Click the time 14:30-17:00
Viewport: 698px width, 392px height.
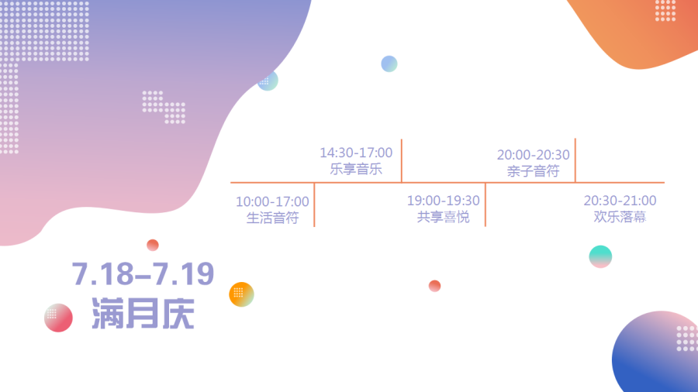(x=356, y=153)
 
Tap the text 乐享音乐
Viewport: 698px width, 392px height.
(x=356, y=169)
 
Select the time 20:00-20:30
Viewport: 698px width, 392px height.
(x=534, y=155)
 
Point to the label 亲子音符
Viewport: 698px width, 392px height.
(x=534, y=171)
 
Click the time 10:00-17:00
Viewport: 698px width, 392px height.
(x=272, y=201)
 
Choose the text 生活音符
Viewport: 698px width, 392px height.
(x=272, y=218)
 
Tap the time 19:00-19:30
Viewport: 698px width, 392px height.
(x=444, y=201)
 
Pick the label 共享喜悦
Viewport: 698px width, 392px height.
(x=444, y=217)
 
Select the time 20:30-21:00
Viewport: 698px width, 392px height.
(x=620, y=201)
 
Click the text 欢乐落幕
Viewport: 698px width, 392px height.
(x=620, y=217)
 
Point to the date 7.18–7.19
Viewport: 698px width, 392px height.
(x=143, y=273)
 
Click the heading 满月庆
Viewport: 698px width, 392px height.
(x=143, y=313)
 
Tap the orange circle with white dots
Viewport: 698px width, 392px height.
(x=241, y=294)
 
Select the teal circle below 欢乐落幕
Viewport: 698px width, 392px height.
(x=600, y=256)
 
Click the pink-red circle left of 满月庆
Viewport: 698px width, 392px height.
(x=58, y=318)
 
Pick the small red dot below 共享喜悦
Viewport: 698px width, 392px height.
(x=434, y=286)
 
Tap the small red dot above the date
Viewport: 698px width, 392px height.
(x=153, y=245)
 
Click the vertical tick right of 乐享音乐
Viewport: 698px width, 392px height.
(x=402, y=160)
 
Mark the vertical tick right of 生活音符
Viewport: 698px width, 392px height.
(x=314, y=205)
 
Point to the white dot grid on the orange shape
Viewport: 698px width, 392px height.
(x=665, y=11)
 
